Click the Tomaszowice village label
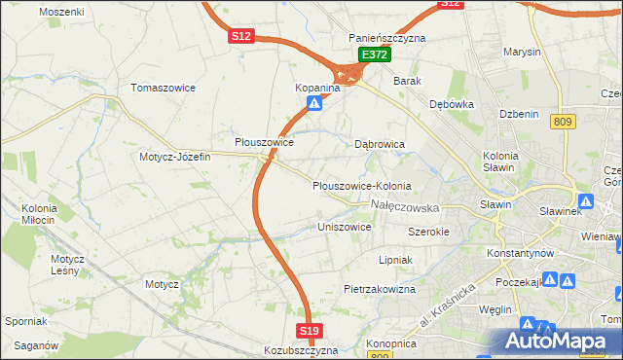(x=164, y=88)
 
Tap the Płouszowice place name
(x=264, y=142)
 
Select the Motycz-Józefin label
(x=174, y=157)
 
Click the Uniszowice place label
(x=345, y=227)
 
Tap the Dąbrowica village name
(x=379, y=144)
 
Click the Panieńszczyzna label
(x=387, y=38)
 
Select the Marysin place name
(x=522, y=52)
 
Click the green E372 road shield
(x=374, y=55)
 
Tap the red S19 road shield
(x=309, y=332)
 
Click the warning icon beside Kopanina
(x=313, y=102)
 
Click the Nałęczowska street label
(x=406, y=207)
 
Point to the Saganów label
(x=36, y=345)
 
